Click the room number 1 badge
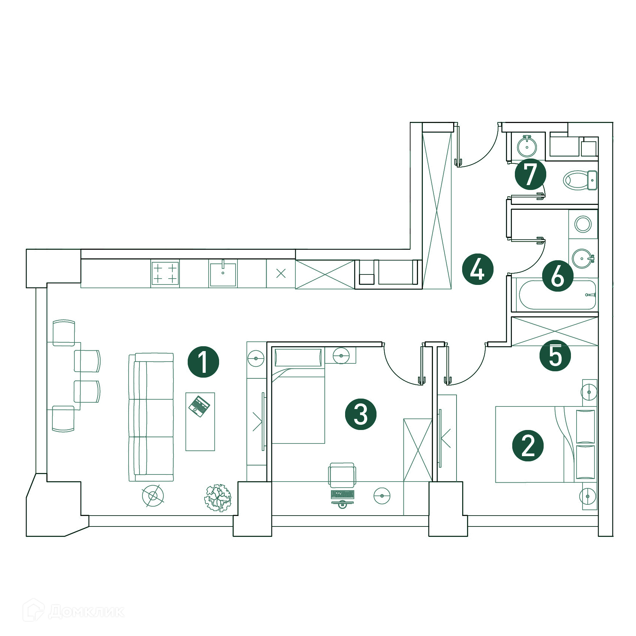(203, 362)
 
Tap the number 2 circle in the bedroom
(528, 445)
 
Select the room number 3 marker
(361, 414)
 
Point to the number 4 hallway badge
(478, 269)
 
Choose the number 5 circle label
(555, 356)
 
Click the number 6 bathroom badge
(558, 276)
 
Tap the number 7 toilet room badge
(531, 174)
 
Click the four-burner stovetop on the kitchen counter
(165, 273)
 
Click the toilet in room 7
(580, 180)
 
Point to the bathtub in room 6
(557, 295)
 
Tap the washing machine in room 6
(583, 224)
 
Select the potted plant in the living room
(218, 498)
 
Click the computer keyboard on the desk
(342, 494)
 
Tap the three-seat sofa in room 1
(151, 417)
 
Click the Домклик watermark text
(86, 612)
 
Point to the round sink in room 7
(527, 146)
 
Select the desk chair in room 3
(342, 475)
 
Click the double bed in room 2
(546, 445)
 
